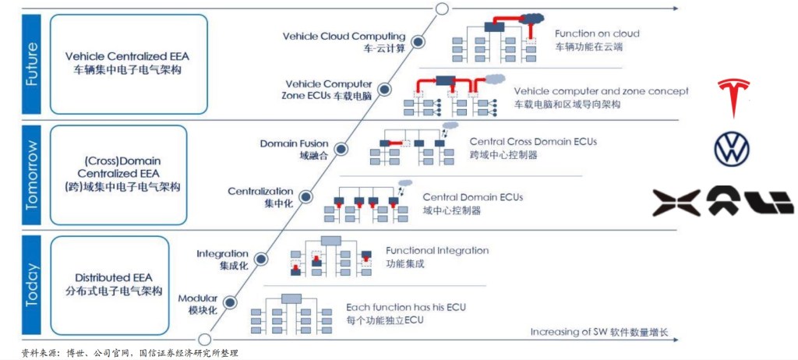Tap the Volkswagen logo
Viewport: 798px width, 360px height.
[x=732, y=149]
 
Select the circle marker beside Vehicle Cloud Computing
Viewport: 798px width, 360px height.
[x=417, y=42]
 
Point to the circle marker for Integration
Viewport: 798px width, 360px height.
[x=261, y=259]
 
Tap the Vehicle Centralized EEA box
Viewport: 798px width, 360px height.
[x=128, y=62]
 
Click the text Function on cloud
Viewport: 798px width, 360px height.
[x=597, y=34]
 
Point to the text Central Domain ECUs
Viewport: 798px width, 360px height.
[x=472, y=197]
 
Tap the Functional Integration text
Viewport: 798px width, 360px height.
[x=437, y=251]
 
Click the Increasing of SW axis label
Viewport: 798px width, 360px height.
[x=598, y=332]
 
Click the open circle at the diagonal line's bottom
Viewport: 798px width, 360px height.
[x=205, y=338]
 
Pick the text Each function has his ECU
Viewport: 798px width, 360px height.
[x=405, y=307]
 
